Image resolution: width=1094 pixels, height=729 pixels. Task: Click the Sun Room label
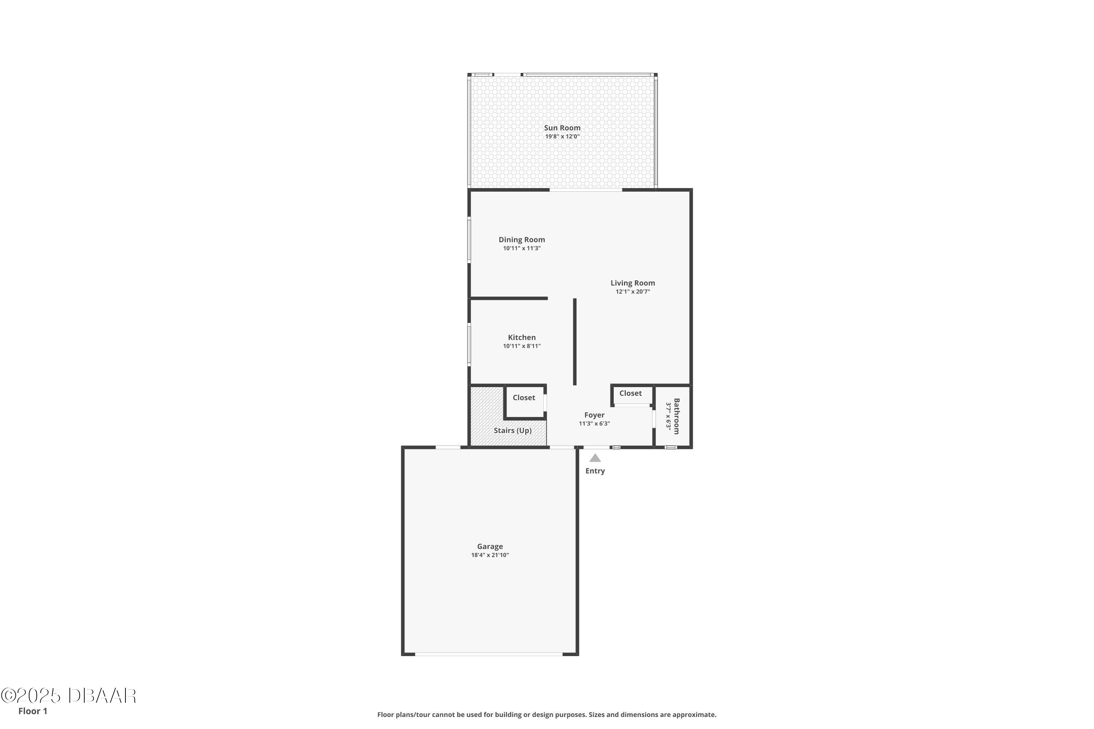pos(562,128)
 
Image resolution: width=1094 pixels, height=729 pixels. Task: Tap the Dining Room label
pos(522,240)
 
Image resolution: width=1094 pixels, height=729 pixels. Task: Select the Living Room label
pos(633,283)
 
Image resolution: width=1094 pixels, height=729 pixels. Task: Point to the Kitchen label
pos(522,338)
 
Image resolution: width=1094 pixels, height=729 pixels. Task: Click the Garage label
pos(490,547)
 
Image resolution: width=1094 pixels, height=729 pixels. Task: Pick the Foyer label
pos(594,415)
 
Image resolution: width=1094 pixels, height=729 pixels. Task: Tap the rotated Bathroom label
pos(676,416)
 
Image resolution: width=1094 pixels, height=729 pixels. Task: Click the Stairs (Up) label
pos(513,430)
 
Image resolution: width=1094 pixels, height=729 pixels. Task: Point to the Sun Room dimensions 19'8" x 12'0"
pos(562,137)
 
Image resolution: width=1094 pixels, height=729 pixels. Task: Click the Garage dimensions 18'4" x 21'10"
pos(490,555)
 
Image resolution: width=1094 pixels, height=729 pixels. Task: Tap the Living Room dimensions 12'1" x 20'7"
pos(633,292)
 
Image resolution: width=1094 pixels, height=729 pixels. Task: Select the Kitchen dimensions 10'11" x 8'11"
pos(522,346)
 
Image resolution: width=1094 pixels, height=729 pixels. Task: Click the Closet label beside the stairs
pos(524,398)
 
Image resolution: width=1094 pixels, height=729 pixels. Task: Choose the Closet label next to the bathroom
pos(630,393)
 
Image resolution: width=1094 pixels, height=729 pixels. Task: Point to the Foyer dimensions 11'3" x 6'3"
pos(594,424)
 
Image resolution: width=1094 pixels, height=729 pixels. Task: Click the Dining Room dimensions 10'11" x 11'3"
pos(522,249)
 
